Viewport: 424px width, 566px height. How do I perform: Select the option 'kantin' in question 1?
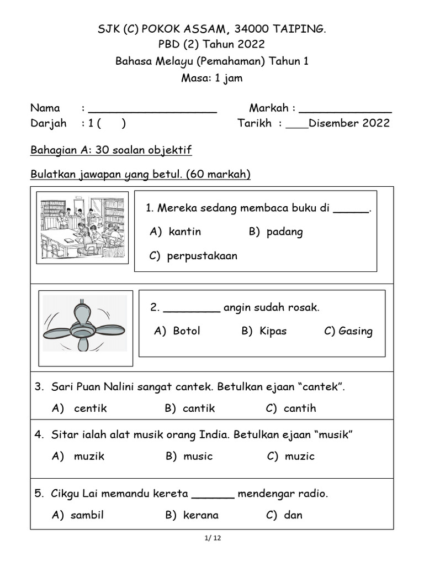184,232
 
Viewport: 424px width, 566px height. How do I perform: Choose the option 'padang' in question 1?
284,232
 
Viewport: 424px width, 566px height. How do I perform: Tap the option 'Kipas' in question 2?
273,331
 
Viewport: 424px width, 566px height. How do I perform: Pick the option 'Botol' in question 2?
186,331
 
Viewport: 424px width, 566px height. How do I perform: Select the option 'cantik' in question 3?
198,408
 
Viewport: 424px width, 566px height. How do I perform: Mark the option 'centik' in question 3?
90,408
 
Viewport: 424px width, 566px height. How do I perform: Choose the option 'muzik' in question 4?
89,456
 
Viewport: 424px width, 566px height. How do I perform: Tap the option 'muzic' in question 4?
299,456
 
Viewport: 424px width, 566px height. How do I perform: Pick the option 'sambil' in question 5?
87,515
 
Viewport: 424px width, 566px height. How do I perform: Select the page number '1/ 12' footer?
212,538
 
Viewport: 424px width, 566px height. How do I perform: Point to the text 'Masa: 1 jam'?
212,78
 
